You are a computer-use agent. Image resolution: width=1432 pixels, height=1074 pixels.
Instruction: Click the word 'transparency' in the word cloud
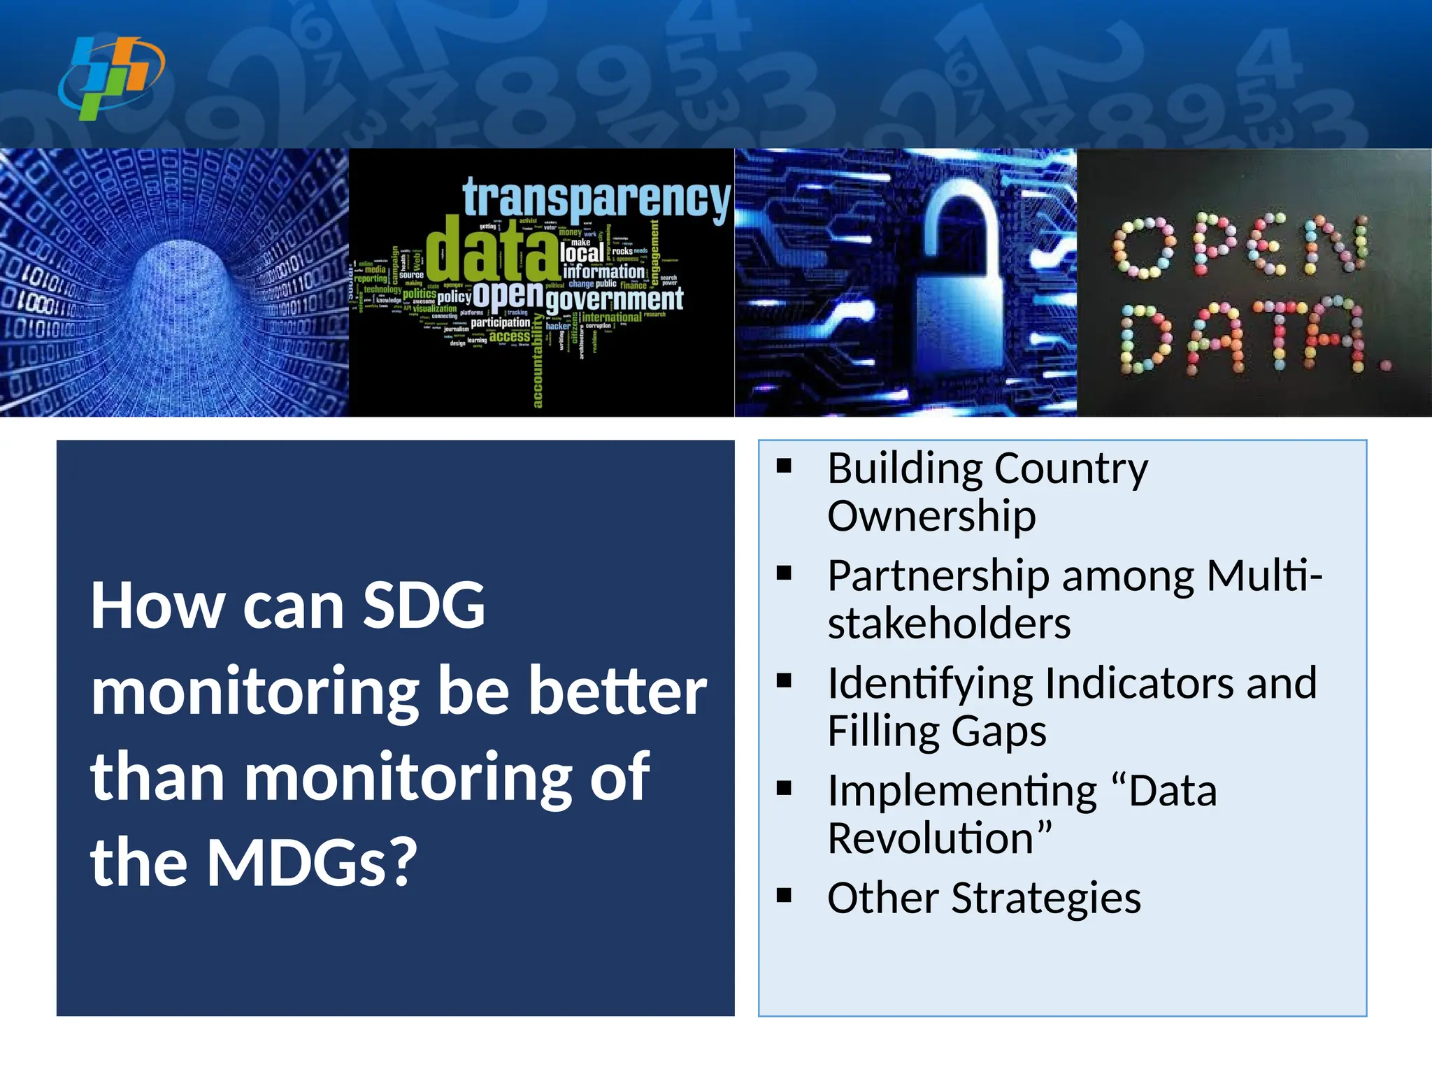tap(596, 198)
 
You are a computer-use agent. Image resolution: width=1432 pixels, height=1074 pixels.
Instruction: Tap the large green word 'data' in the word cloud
tap(492, 250)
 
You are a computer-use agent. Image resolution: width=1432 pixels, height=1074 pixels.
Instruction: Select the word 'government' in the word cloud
tap(614, 299)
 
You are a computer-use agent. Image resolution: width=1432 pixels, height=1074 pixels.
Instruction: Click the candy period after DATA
tap(1387, 364)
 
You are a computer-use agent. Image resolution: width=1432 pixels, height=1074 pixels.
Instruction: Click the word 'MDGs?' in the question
tap(312, 861)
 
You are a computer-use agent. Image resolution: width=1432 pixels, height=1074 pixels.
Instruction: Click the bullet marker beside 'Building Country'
tap(784, 466)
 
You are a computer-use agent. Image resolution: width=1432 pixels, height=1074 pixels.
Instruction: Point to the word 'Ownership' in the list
tap(931, 515)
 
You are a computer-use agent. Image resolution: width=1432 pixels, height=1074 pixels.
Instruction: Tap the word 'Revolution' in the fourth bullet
tap(931, 838)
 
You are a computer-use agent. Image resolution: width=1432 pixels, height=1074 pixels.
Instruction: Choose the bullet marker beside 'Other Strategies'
tap(784, 896)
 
